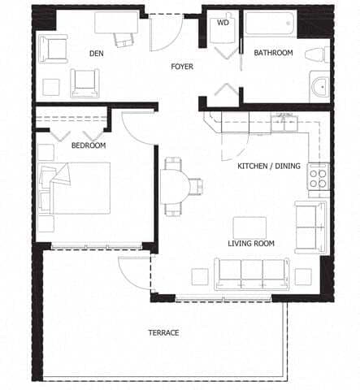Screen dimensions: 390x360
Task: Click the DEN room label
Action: click(x=97, y=54)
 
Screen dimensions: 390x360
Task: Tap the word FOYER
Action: click(x=181, y=67)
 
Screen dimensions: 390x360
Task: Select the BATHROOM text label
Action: click(x=273, y=53)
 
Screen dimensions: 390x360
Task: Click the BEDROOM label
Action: click(x=89, y=145)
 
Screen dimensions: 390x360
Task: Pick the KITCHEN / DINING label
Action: click(x=268, y=167)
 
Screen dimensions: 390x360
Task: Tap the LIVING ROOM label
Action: click(x=250, y=243)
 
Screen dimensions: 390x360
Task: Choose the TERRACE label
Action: click(x=163, y=332)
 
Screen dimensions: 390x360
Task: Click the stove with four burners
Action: click(x=317, y=176)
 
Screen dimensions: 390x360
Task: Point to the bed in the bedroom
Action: click(x=80, y=187)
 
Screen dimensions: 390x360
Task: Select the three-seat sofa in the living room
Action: click(x=252, y=272)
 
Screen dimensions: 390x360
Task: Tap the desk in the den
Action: click(x=116, y=23)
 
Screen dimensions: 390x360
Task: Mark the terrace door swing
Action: click(x=134, y=272)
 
